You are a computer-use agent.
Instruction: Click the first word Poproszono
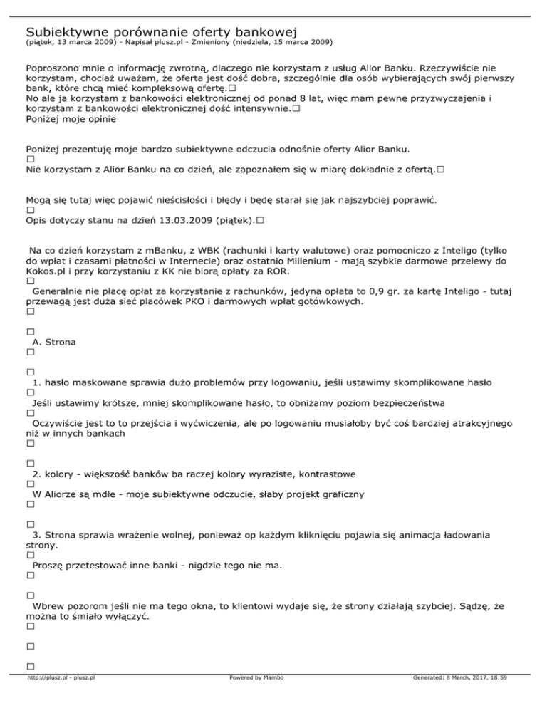pos(53,69)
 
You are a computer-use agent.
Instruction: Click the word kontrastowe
pos(324,474)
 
